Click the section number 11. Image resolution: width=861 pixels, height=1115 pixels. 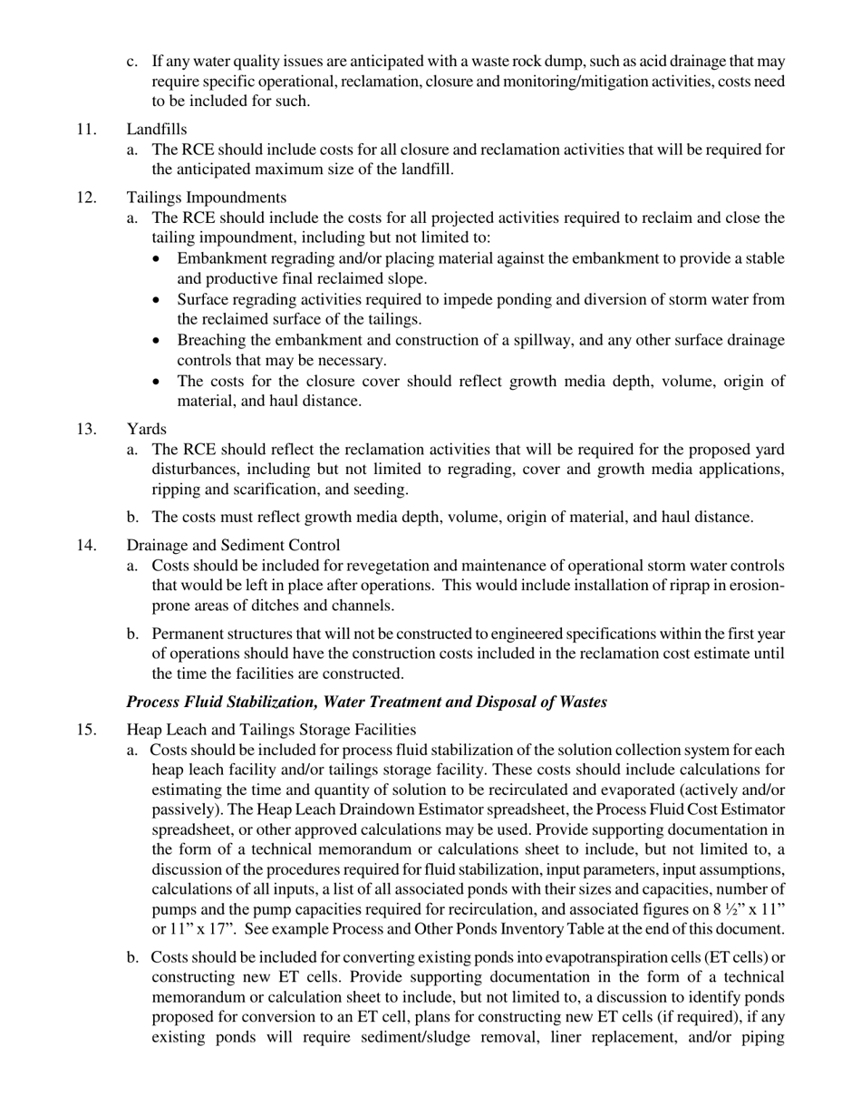[x=86, y=130]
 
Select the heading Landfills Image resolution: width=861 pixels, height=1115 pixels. [x=157, y=130]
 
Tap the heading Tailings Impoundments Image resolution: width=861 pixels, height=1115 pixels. [x=207, y=198]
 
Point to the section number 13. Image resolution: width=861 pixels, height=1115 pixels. [x=86, y=429]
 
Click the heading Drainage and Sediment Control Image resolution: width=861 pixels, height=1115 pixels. [x=233, y=545]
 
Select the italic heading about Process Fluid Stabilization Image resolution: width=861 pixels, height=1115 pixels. [x=366, y=702]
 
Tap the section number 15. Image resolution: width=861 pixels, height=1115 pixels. [x=86, y=729]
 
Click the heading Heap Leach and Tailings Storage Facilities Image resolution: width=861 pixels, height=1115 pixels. [x=271, y=729]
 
